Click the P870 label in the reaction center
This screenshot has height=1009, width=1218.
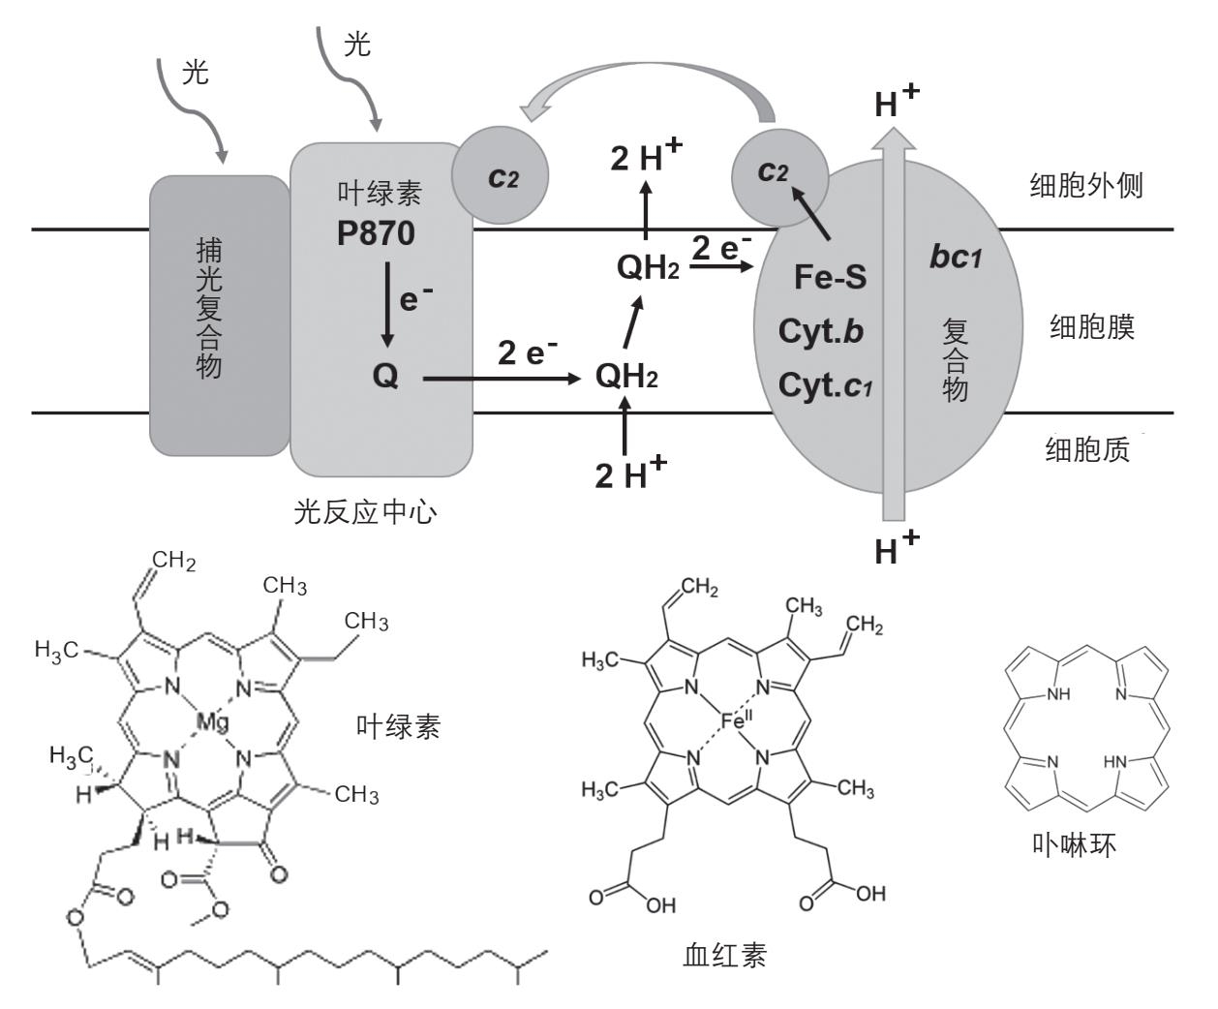click(x=376, y=233)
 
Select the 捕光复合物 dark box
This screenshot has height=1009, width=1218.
click(x=219, y=315)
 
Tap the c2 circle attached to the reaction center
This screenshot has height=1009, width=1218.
click(x=501, y=177)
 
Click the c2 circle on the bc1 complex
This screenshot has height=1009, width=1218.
click(x=778, y=174)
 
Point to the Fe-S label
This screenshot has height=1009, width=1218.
click(x=830, y=278)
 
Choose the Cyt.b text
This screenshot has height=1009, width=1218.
click(x=820, y=331)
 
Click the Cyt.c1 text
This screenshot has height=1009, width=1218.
click(x=826, y=385)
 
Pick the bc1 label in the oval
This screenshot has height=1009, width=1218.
click(x=956, y=257)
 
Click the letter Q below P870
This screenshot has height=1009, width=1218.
click(x=384, y=376)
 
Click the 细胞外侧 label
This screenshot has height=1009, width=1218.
click(x=1085, y=186)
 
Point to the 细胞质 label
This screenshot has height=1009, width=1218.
click(x=1086, y=450)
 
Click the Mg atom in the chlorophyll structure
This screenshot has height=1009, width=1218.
click(x=213, y=720)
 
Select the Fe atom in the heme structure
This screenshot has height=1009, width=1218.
click(x=735, y=720)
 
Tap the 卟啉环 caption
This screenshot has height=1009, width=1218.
click(x=1075, y=845)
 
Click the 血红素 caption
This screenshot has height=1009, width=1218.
click(x=724, y=956)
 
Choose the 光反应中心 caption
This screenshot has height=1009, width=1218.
click(x=365, y=510)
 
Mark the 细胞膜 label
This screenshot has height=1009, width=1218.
click(x=1091, y=328)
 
